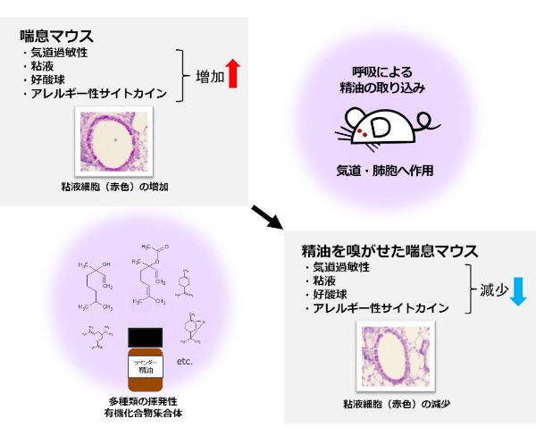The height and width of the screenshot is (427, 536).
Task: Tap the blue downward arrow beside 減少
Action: coord(518,290)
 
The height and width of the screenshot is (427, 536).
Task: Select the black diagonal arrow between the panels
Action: coord(265,214)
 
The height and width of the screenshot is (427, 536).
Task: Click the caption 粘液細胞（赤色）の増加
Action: coord(110,187)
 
